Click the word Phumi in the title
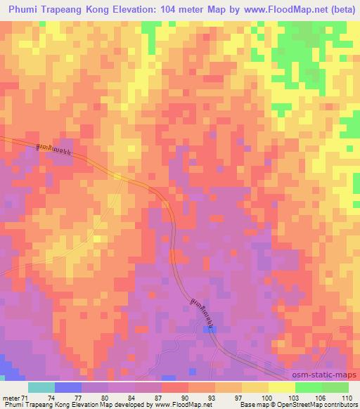point(27,9)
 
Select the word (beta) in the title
point(337,9)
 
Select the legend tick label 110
point(347,397)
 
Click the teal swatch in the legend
point(41,387)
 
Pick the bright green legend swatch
point(308,387)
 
